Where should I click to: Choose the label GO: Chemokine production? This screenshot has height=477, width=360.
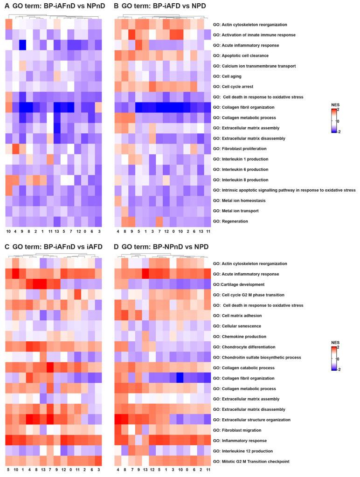pyautogui.click(x=237, y=336)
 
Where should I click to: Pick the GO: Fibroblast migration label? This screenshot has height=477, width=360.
pyautogui.click(x=237, y=430)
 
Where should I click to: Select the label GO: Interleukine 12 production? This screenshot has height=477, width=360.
pyautogui.click(x=244, y=451)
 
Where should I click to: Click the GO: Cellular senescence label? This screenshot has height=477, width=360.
pyautogui.click(x=237, y=326)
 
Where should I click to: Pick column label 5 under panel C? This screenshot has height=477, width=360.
pyautogui.click(x=8, y=471)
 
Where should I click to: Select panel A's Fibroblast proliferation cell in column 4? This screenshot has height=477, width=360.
pyautogui.click(x=15, y=149)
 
